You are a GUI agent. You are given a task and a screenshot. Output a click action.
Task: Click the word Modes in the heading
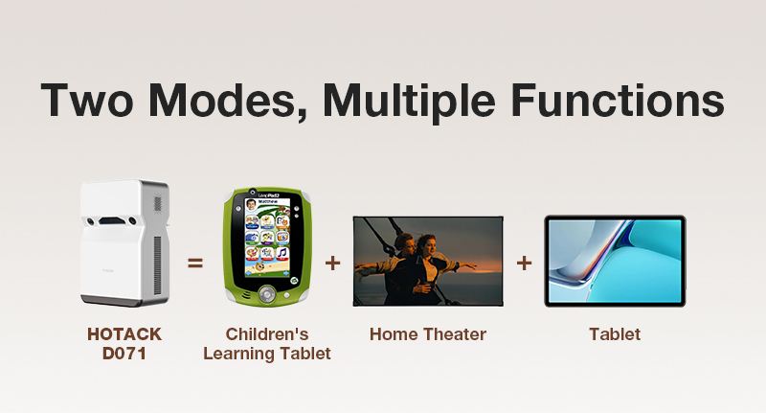tap(228, 101)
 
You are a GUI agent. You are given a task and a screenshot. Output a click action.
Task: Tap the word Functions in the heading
tap(618, 101)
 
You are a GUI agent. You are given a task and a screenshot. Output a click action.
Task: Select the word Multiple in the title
tap(410, 103)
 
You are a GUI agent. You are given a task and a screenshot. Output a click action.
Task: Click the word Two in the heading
tap(87, 101)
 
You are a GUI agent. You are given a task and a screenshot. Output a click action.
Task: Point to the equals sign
tap(195, 264)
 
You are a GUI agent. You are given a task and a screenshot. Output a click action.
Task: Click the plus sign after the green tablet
tap(332, 264)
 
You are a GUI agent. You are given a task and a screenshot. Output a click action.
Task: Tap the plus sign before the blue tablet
tap(524, 264)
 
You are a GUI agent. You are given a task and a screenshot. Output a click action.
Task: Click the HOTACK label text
tap(124, 334)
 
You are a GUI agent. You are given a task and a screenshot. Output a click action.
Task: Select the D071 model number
tap(124, 354)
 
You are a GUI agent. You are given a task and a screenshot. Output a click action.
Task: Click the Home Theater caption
tap(428, 334)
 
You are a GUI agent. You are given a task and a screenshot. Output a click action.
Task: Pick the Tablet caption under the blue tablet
tap(615, 334)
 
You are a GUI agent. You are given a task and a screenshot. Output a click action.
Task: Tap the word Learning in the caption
tap(237, 354)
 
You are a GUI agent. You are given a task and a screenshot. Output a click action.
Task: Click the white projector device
tap(125, 243)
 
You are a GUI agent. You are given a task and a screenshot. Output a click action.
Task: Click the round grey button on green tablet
tap(267, 293)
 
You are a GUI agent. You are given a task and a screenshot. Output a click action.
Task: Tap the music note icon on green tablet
tap(282, 253)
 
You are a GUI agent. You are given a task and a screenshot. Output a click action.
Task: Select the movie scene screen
tap(428, 262)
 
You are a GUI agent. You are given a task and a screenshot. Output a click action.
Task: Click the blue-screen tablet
tap(615, 261)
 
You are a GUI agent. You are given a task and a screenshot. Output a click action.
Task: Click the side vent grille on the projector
tap(157, 264)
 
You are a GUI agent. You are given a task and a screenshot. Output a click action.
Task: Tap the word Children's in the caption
tap(267, 334)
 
